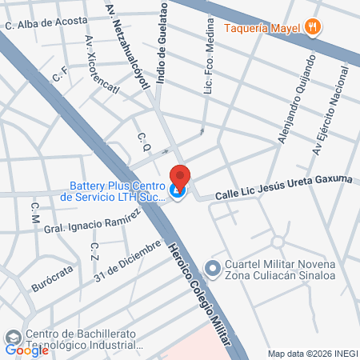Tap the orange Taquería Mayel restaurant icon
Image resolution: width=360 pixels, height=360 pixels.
click(x=314, y=26)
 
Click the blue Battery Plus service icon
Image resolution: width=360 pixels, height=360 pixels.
click(x=178, y=191)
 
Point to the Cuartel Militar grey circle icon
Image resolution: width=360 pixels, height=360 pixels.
click(x=212, y=267)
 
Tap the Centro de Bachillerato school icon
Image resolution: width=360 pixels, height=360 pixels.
click(x=11, y=336)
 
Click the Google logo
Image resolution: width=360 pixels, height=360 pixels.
click(x=27, y=349)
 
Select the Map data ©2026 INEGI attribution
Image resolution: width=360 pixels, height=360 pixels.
click(x=312, y=354)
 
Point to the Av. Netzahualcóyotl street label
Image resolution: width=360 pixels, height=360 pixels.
click(x=124, y=47)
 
